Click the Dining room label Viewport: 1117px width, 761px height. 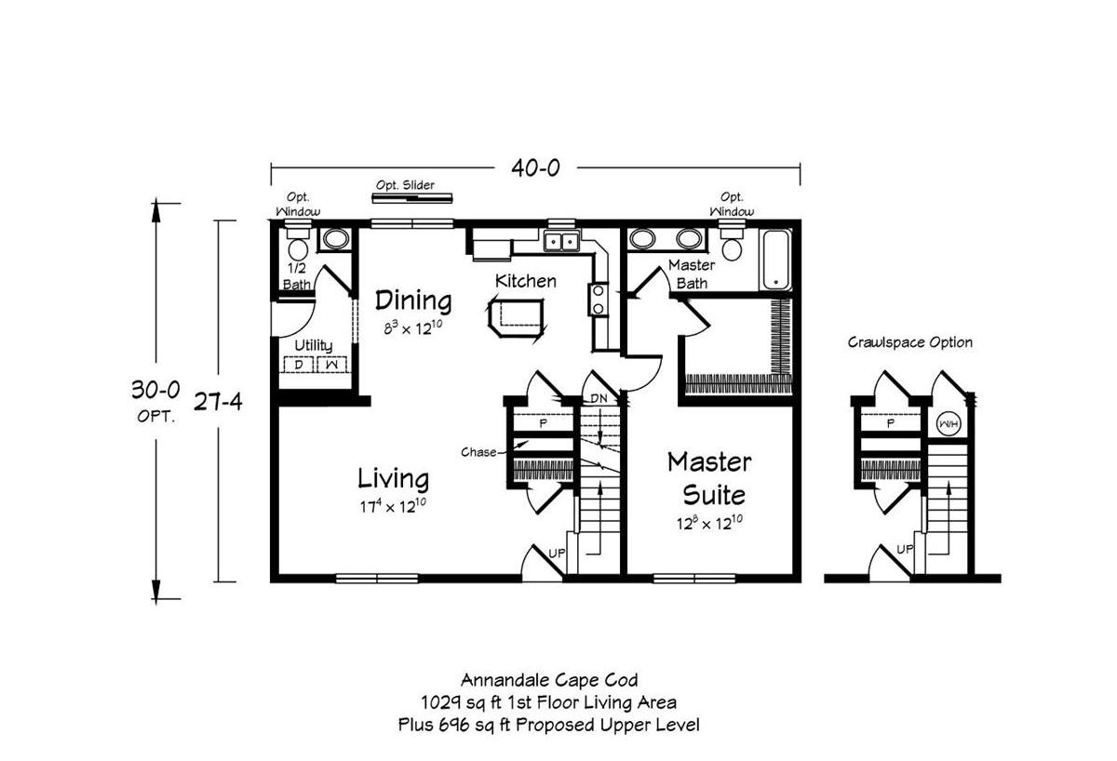413,300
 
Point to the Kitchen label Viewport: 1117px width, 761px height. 525,280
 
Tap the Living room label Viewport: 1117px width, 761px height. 394,478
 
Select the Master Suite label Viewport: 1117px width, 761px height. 709,476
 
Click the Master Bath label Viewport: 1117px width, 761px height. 692,274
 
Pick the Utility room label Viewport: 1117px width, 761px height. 314,345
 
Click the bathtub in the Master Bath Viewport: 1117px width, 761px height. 776,260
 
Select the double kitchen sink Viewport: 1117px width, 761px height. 561,243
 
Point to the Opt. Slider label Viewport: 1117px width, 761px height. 405,185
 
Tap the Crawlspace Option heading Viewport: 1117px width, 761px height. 909,342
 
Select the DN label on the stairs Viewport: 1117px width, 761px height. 599,399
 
